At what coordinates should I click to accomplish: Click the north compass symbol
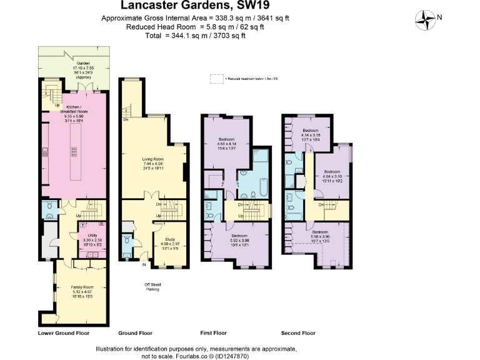tap(427, 19)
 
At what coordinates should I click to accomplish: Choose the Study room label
tap(171, 239)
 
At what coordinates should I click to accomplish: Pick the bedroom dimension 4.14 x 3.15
tap(310, 135)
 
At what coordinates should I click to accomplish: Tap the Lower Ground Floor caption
tap(64, 333)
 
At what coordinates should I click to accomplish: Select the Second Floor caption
tap(299, 333)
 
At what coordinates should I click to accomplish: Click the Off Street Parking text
tap(153, 287)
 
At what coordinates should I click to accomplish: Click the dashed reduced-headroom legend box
tap(216, 79)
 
